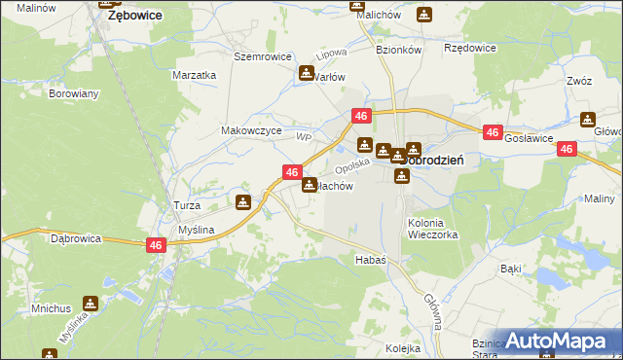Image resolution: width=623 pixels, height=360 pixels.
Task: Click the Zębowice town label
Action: (133, 16)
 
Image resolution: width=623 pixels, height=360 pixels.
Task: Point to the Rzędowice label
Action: (470, 47)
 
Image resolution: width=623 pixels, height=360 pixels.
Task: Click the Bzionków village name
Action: (397, 47)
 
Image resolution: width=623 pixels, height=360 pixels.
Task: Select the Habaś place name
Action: (371, 260)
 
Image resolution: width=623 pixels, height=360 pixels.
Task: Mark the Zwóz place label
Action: (578, 82)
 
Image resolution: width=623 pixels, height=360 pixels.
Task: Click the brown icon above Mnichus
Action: (91, 304)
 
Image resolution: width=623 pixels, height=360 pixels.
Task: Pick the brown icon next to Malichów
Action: (423, 15)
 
